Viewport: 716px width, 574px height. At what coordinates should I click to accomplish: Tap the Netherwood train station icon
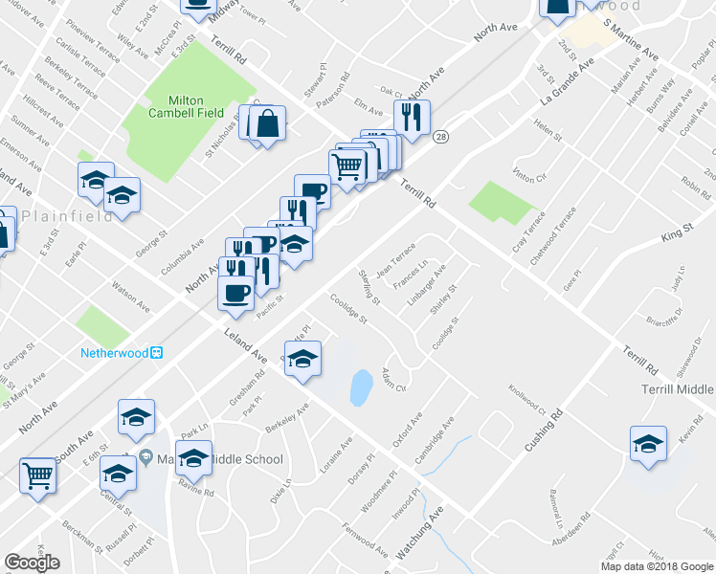(x=157, y=352)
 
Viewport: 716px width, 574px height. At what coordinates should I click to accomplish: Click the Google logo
(x=32, y=563)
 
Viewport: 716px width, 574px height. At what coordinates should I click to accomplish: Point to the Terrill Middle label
(x=676, y=389)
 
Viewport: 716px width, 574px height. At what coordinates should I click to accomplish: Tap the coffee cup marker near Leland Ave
(x=236, y=294)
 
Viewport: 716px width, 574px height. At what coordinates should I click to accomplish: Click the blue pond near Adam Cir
(x=361, y=386)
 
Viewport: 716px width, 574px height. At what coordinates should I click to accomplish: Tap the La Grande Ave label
(x=568, y=82)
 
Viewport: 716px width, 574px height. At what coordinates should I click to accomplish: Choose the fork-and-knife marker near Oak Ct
(x=412, y=118)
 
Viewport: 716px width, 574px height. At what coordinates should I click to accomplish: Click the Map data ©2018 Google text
(x=656, y=566)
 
